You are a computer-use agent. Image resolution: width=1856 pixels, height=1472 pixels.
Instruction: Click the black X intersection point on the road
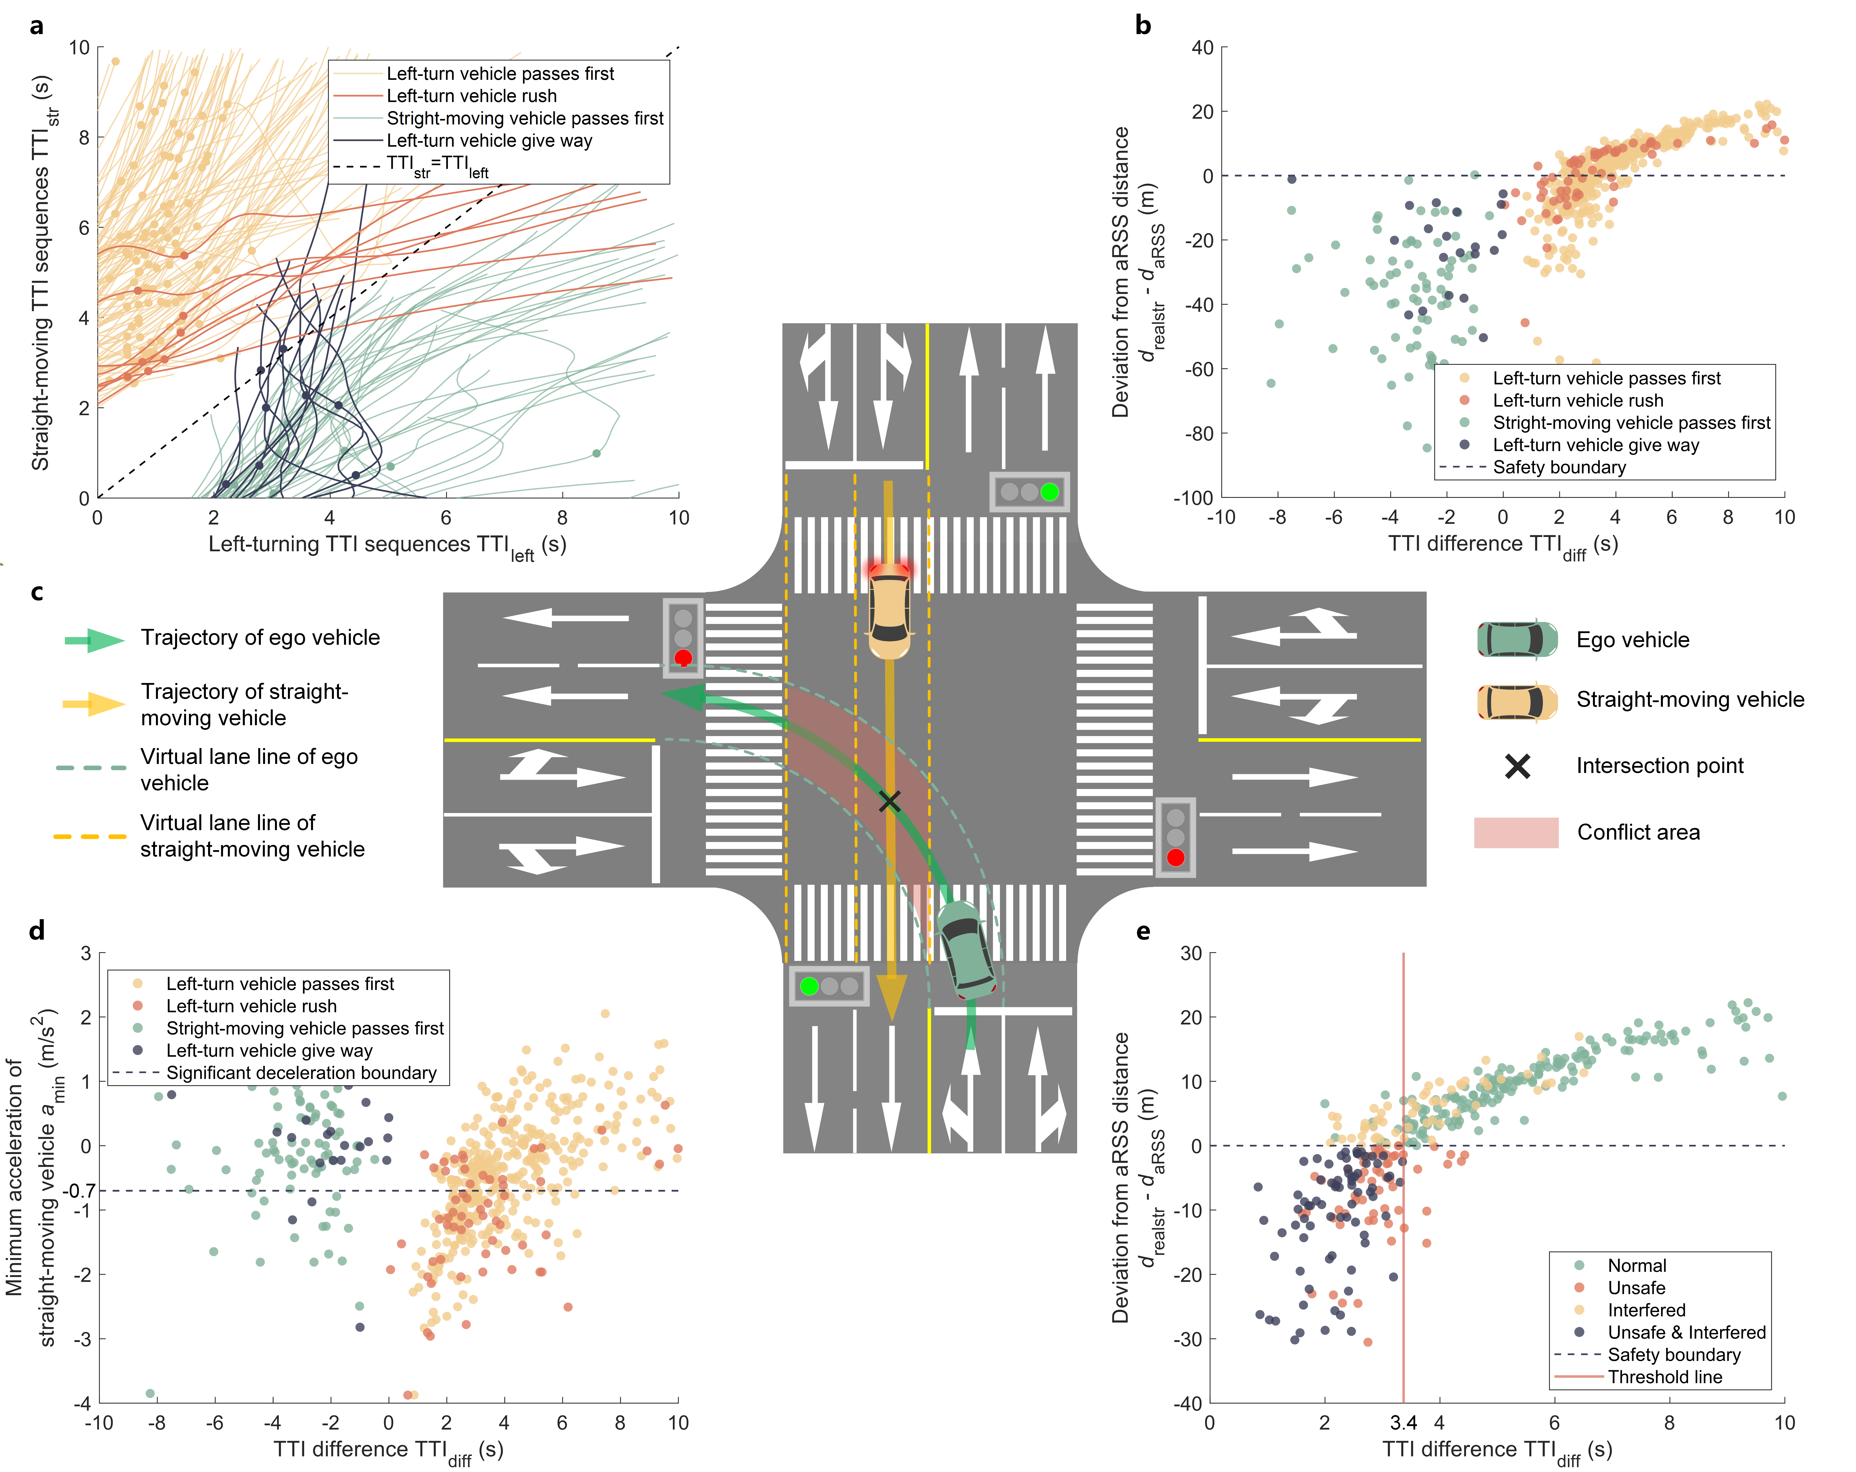tap(889, 802)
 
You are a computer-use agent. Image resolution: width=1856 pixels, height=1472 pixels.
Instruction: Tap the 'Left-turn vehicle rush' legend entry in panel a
tap(471, 96)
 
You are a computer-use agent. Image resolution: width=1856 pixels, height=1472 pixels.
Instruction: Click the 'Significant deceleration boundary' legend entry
tap(301, 1073)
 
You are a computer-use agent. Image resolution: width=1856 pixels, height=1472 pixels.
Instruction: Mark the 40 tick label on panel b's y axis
tap(1203, 47)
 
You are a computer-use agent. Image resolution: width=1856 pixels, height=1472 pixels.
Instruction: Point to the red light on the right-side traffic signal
tap(1175, 857)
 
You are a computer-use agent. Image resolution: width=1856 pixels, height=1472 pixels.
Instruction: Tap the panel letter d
tap(36, 931)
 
